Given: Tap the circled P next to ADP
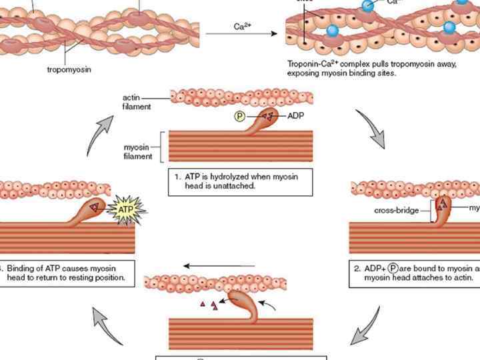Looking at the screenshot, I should click(x=240, y=117).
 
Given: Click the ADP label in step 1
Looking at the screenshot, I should click(x=296, y=116).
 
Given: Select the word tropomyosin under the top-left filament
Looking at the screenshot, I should click(x=69, y=68).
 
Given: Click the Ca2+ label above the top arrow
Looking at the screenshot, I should click(x=242, y=27).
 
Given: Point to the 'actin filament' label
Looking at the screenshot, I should click(x=137, y=102).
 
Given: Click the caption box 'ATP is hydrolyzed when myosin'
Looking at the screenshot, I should click(x=240, y=181).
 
